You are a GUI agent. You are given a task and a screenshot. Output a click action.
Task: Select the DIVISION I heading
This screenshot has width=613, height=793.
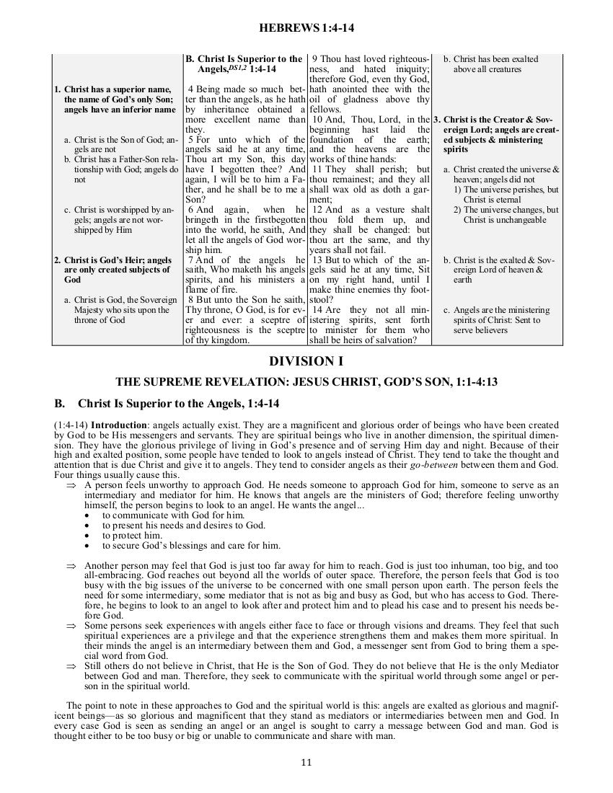click(x=306, y=360)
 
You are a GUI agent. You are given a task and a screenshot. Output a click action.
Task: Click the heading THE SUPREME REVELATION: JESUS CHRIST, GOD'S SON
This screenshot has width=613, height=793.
click(x=306, y=381)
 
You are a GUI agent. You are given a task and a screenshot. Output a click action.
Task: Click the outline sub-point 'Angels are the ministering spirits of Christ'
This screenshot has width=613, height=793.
click(x=501, y=320)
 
